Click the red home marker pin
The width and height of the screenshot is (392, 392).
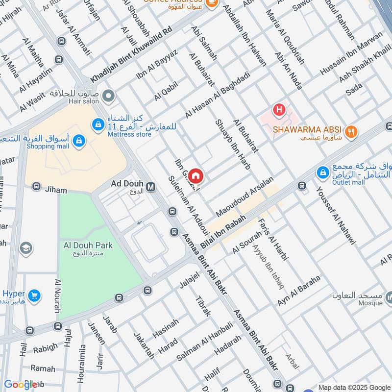click(196, 175)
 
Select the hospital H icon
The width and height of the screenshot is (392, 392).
click(279, 110)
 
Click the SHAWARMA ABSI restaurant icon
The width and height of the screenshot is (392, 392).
click(351, 131)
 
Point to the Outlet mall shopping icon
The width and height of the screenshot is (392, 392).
click(322, 172)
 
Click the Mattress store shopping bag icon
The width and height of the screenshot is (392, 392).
click(98, 125)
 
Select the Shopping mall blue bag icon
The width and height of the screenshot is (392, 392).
click(78, 141)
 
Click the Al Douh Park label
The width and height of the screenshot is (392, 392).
click(88, 245)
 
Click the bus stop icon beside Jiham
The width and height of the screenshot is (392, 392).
click(36, 186)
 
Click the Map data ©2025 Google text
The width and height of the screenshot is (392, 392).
click(354, 387)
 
